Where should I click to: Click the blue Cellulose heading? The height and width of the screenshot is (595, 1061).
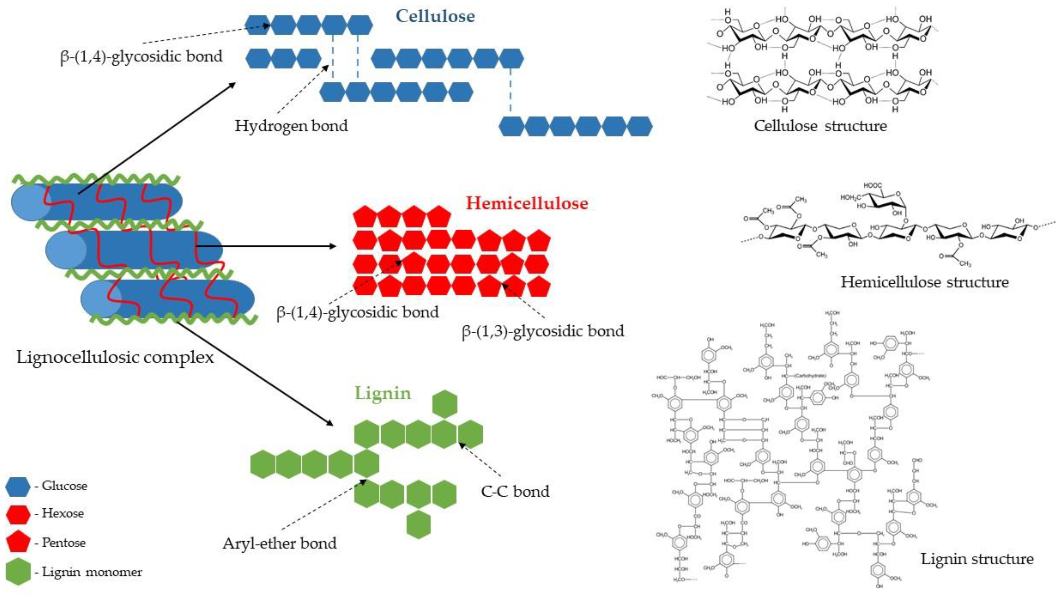click(435, 16)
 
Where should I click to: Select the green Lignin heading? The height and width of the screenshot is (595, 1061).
click(383, 393)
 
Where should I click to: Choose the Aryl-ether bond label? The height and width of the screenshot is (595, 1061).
click(280, 543)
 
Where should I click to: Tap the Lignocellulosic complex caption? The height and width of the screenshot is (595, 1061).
click(115, 357)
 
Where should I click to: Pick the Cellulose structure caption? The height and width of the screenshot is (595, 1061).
click(820, 126)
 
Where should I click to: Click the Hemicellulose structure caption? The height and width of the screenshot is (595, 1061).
click(925, 282)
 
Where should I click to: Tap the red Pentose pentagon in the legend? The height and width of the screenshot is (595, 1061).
click(18, 542)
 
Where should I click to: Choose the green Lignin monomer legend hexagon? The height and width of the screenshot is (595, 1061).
click(18, 572)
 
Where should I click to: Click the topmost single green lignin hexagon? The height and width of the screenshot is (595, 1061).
click(445, 404)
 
